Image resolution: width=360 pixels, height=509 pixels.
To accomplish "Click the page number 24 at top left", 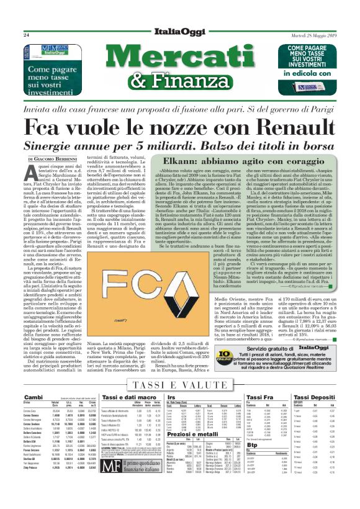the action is coord(26,35).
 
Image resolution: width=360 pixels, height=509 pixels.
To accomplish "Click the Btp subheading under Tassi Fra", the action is coord(251,462).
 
